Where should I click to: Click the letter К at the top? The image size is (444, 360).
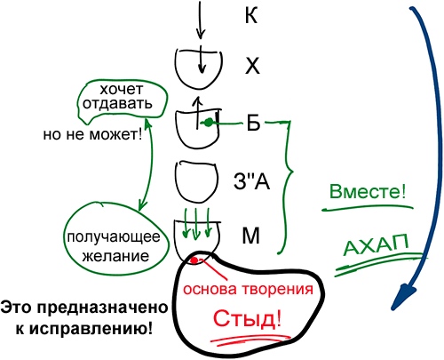(251, 15)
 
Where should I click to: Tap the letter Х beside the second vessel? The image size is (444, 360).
(252, 66)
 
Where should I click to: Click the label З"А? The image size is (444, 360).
(251, 181)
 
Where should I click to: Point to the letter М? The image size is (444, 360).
(251, 236)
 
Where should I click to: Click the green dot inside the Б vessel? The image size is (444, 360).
(209, 123)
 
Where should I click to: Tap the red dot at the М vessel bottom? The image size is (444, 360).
(194, 260)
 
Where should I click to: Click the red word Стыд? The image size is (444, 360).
(247, 319)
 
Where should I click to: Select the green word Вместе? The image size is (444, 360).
(368, 191)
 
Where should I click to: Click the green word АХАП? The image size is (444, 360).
(377, 244)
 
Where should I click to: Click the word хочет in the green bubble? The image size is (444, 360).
(122, 89)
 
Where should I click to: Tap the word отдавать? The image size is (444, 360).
(117, 103)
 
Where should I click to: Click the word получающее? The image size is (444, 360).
(114, 237)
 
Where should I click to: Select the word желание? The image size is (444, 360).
(115, 256)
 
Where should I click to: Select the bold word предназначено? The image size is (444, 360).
(102, 308)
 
